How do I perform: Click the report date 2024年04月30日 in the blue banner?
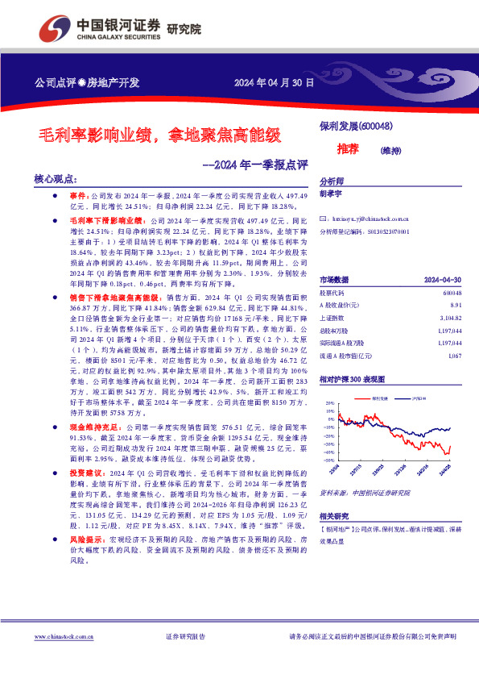(x=273, y=82)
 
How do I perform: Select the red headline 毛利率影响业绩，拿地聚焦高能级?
(x=161, y=134)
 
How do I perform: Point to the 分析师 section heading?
(x=331, y=182)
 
